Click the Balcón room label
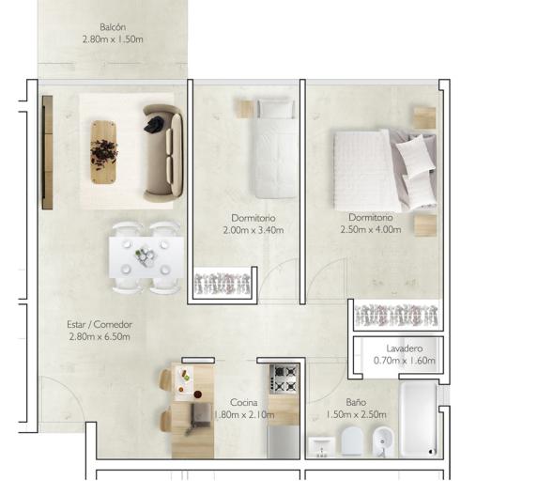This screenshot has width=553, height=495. click(x=113, y=27)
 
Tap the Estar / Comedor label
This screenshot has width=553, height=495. click(x=100, y=324)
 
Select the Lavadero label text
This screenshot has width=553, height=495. click(x=404, y=348)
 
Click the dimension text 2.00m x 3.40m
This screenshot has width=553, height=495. click(x=253, y=230)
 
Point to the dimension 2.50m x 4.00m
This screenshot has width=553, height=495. click(x=371, y=229)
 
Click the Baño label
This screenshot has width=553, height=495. click(x=356, y=402)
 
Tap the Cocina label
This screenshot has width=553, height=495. click(x=243, y=402)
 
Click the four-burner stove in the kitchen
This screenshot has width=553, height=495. click(x=284, y=379)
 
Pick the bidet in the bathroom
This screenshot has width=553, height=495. click(x=383, y=441)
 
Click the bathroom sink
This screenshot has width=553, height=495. click(x=322, y=447)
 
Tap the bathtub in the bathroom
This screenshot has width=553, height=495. click(x=419, y=420)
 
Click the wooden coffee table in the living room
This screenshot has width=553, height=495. click(x=103, y=152)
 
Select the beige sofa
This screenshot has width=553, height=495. click(x=163, y=153)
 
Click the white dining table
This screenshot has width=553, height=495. click(x=146, y=257)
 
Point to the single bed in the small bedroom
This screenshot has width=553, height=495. click(x=275, y=148)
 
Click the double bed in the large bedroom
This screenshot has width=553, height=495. click(x=385, y=171)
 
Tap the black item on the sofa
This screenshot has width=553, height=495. click(x=153, y=125)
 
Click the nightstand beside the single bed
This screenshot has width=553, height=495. click(x=244, y=109)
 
